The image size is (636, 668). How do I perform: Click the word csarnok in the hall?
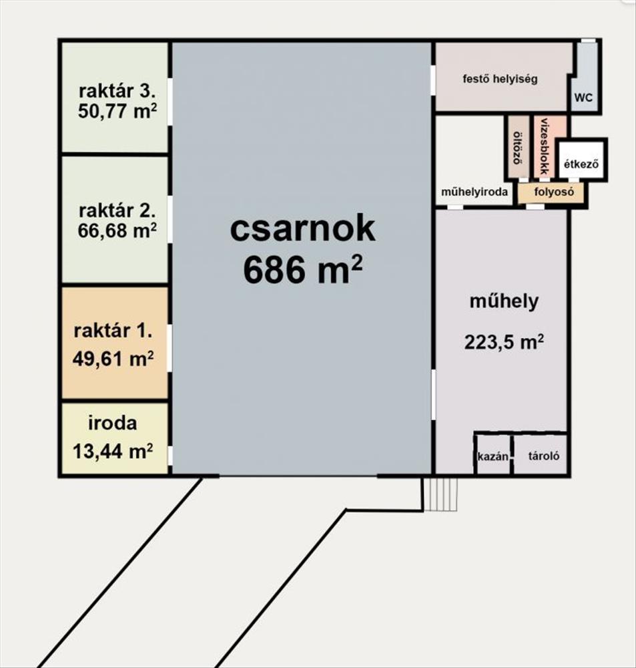point(302,228)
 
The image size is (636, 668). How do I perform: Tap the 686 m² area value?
point(303,270)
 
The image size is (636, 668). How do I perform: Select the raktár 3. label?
point(117,91)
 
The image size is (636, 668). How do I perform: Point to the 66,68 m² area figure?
point(117,230)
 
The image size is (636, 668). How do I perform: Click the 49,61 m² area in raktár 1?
point(113,359)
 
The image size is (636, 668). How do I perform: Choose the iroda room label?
point(112,423)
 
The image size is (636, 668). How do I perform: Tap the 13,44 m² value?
point(113,451)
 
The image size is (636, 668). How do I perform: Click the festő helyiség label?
point(501,79)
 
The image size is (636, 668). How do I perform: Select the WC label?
point(583,98)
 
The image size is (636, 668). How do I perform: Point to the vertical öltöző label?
point(518,146)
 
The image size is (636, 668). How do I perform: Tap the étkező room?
point(581,164)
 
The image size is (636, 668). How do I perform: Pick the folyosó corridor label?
point(554,192)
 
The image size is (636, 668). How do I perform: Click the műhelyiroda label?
point(474,192)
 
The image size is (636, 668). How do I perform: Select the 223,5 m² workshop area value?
point(504,341)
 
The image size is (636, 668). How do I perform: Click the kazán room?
point(493,456)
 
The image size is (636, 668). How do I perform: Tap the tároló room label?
point(544,456)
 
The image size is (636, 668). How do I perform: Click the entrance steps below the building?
point(440,494)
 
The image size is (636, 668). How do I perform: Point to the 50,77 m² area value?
point(117,111)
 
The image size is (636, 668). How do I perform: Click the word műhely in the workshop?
point(504,301)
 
